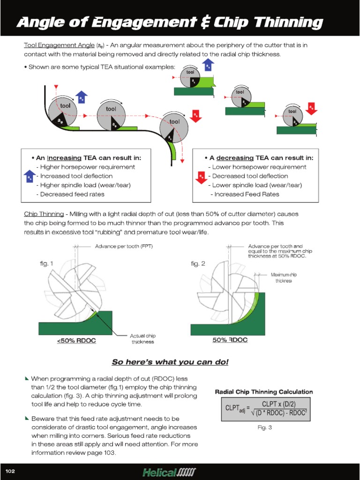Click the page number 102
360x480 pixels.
pyautogui.click(x=10, y=471)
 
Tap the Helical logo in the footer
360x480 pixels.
pyautogui.click(x=169, y=471)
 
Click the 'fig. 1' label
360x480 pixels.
pyautogui.click(x=46, y=263)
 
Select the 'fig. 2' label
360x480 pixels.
pyautogui.click(x=198, y=264)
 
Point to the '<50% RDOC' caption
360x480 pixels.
pyautogui.click(x=76, y=341)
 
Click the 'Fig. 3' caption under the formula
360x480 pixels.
pyautogui.click(x=265, y=427)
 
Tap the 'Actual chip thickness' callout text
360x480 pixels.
pyautogui.click(x=142, y=339)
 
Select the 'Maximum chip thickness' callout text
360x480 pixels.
pyautogui.click(x=283, y=277)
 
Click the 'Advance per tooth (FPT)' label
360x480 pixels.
pyautogui.click(x=124, y=246)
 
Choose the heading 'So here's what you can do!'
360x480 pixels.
pyautogui.click(x=170, y=362)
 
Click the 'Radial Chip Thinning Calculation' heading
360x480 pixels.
pyautogui.click(x=264, y=392)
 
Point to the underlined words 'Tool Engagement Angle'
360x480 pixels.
pyautogui.click(x=59, y=45)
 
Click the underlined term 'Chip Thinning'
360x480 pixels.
pyautogui.click(x=44, y=214)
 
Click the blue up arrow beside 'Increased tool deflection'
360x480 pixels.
pyautogui.click(x=29, y=177)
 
